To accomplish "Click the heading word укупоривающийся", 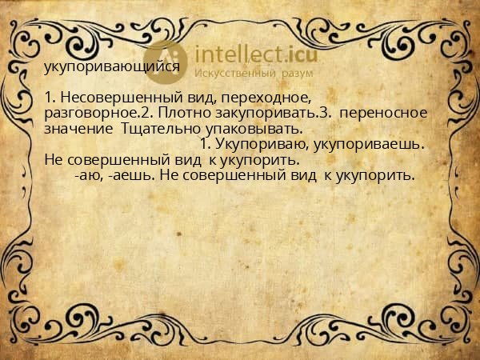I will pyautogui.click(x=111, y=68).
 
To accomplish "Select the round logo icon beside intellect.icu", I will pyautogui.click(x=167, y=61).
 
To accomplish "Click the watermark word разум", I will pyautogui.click(x=297, y=74).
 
